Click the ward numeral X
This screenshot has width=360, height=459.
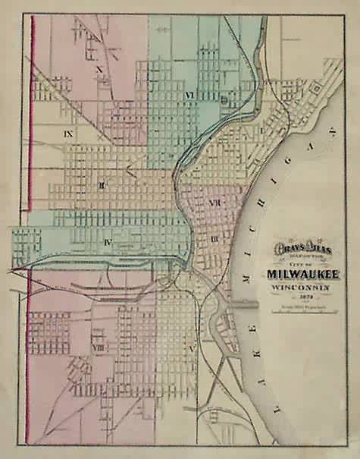(99, 68)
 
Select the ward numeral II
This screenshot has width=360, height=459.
(100, 184)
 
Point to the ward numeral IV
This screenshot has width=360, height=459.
(108, 242)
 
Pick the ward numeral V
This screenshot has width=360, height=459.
(191, 346)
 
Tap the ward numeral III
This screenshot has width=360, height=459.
(214, 240)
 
